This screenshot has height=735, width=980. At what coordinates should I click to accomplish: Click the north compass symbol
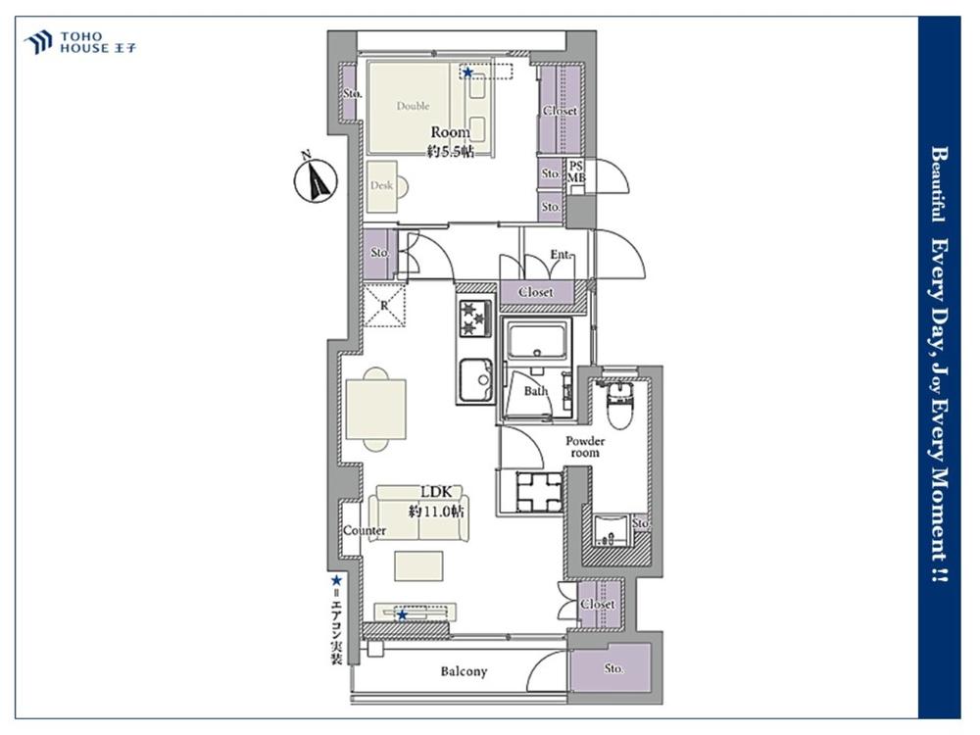pyautogui.click(x=316, y=179)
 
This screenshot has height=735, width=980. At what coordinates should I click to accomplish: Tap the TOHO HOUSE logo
pyautogui.click(x=80, y=42)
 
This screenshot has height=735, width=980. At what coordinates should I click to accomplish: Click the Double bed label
pyautogui.click(x=414, y=106)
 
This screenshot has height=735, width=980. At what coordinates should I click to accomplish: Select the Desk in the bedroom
pyautogui.click(x=382, y=186)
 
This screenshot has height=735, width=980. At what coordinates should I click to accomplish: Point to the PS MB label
pyautogui.click(x=576, y=171)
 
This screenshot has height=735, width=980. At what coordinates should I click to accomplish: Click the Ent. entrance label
pyautogui.click(x=561, y=255)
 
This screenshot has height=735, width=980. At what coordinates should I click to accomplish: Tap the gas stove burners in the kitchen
pyautogui.click(x=475, y=318)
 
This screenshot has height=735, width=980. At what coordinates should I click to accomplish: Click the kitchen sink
pyautogui.click(x=475, y=380)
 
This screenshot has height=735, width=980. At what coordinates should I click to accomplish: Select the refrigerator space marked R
pyautogui.click(x=384, y=305)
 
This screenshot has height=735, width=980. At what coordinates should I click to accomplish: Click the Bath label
pyautogui.click(x=536, y=391)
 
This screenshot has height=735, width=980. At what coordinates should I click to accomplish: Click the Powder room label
pyautogui.click(x=585, y=447)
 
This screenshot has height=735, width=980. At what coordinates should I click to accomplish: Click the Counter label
pyautogui.click(x=365, y=530)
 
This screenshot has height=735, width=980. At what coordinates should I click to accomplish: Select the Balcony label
pyautogui.click(x=464, y=672)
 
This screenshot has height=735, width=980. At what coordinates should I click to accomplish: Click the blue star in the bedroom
pyautogui.click(x=467, y=72)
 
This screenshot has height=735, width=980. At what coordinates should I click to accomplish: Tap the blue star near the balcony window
pyautogui.click(x=403, y=615)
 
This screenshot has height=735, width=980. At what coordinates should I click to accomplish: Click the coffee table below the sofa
pyautogui.click(x=418, y=565)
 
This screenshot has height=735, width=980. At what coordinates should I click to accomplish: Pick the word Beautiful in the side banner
pyautogui.click(x=939, y=184)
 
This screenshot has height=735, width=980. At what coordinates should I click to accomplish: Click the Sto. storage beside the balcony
pyautogui.click(x=613, y=668)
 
